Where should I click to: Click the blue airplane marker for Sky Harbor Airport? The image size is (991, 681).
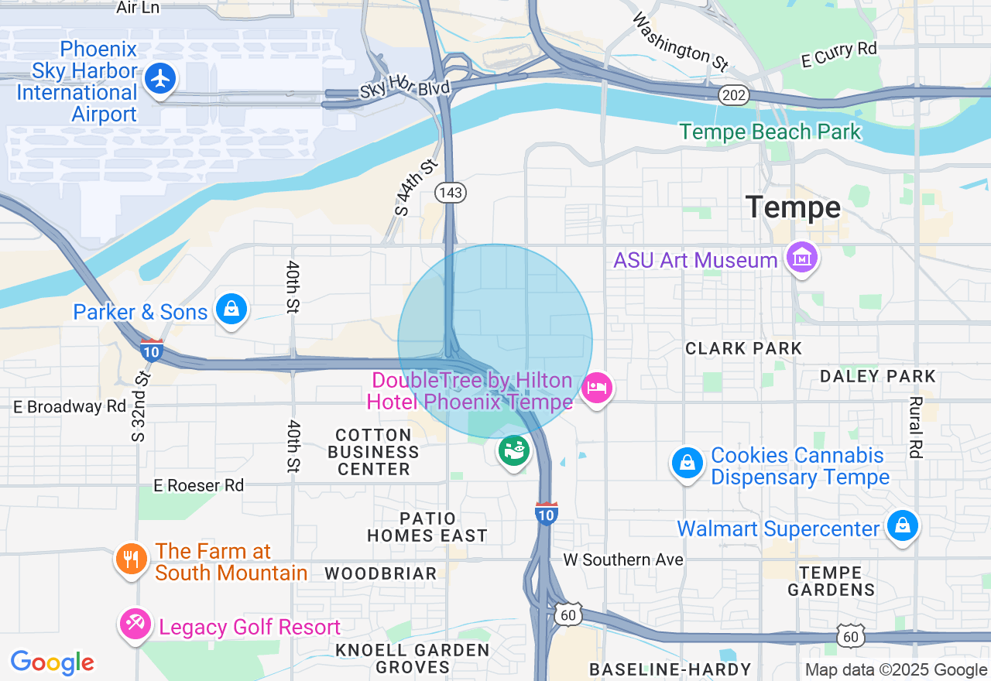pos(160,79)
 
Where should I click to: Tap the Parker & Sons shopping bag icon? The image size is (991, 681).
pos(231,310)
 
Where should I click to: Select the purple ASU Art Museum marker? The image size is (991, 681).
pos(801,258)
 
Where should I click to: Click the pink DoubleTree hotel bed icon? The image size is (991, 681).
pos(596,387)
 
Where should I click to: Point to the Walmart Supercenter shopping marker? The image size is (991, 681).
pos(902,526)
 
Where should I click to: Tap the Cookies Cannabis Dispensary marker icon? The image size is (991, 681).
pos(687,463)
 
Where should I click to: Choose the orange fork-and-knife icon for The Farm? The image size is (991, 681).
pos(131,559)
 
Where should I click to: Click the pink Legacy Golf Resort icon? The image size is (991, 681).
pos(135,625)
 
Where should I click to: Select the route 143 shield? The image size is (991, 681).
pos(451,193)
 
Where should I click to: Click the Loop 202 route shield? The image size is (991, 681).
pos(732,94)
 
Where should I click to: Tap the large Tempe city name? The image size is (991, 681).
pos(793,207)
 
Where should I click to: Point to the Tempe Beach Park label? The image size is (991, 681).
pos(770,132)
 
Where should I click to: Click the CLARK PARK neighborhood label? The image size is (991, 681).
pos(743,348)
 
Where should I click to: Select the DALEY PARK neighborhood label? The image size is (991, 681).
pos(878,377)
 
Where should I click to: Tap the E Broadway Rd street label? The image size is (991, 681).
pos(70,406)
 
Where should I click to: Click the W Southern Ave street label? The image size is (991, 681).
pos(623,560)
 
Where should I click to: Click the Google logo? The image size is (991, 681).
pos(52,662)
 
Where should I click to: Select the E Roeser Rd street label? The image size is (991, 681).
pos(198,485)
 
